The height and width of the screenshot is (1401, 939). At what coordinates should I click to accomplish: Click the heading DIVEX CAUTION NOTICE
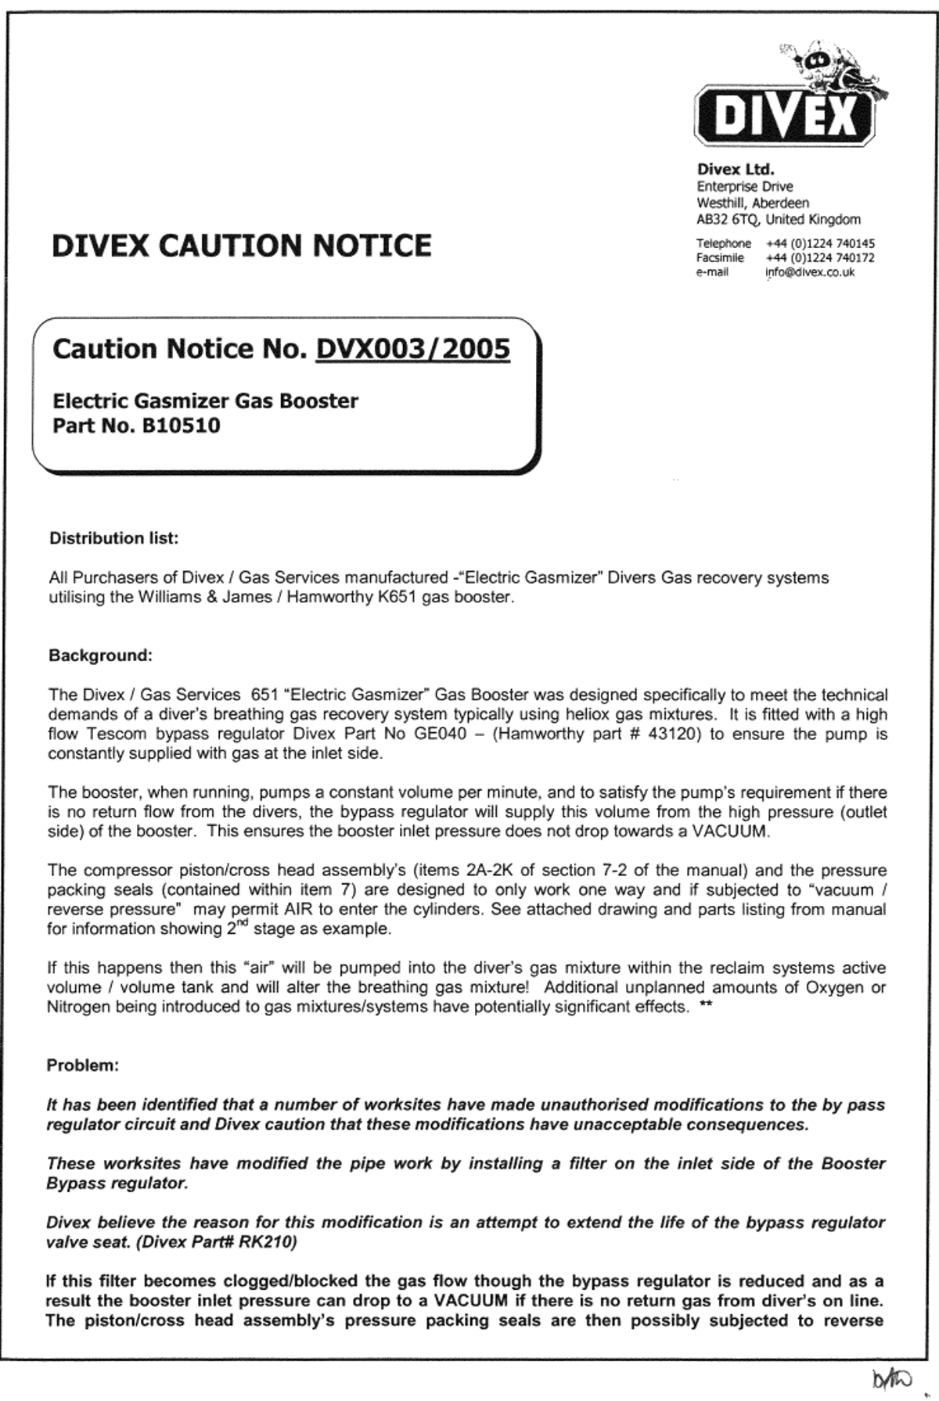(x=241, y=246)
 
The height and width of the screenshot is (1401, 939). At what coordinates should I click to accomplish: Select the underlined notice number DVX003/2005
(x=412, y=349)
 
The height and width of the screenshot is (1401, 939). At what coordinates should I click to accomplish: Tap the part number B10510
(x=181, y=426)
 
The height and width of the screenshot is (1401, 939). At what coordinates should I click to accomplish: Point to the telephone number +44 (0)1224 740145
(x=820, y=243)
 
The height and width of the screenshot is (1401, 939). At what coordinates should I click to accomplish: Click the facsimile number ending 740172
(x=820, y=257)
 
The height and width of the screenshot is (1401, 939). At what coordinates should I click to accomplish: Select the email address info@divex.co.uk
(x=810, y=272)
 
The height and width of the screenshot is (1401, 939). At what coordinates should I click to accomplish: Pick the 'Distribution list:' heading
(x=113, y=538)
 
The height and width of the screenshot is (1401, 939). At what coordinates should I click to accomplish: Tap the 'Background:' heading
(x=100, y=656)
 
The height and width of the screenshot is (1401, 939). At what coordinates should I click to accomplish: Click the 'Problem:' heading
(x=83, y=1065)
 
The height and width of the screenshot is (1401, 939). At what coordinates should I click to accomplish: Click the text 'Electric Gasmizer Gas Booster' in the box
(x=205, y=401)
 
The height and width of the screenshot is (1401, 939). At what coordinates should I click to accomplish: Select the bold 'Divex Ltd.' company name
(x=736, y=169)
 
